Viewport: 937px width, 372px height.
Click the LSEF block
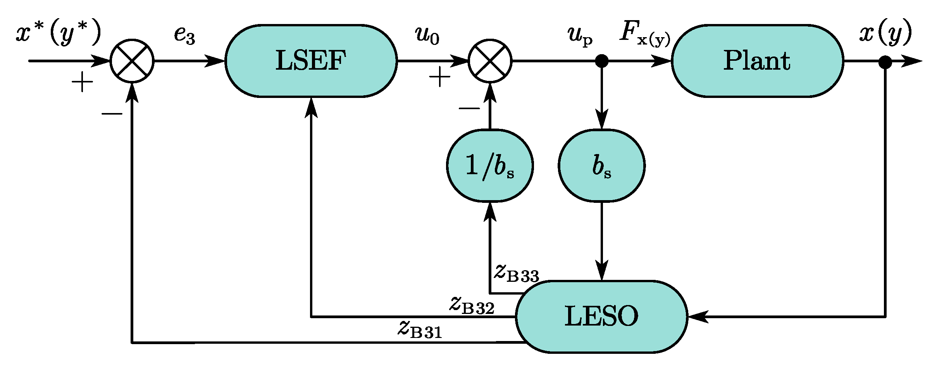(311, 61)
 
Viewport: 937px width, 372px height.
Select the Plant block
(757, 61)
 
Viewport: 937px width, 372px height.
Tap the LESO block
(601, 316)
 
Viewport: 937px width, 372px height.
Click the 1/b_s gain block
(490, 166)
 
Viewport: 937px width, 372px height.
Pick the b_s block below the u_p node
(601, 166)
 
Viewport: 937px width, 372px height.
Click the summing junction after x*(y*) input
(132, 61)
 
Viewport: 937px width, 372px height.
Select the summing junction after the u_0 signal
(490, 61)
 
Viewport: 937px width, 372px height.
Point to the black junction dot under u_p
(601, 61)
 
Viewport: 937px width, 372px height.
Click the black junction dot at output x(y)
(885, 62)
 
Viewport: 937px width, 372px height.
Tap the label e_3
(184, 35)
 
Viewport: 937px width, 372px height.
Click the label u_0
(427, 35)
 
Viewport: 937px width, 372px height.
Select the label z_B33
(517, 272)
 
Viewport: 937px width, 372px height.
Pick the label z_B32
(472, 305)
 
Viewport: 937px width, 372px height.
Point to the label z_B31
(420, 329)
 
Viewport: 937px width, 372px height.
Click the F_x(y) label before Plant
(644, 34)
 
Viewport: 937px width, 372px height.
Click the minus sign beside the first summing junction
(112, 114)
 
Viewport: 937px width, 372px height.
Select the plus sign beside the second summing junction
(440, 77)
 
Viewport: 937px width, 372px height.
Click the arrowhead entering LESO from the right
(698, 316)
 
